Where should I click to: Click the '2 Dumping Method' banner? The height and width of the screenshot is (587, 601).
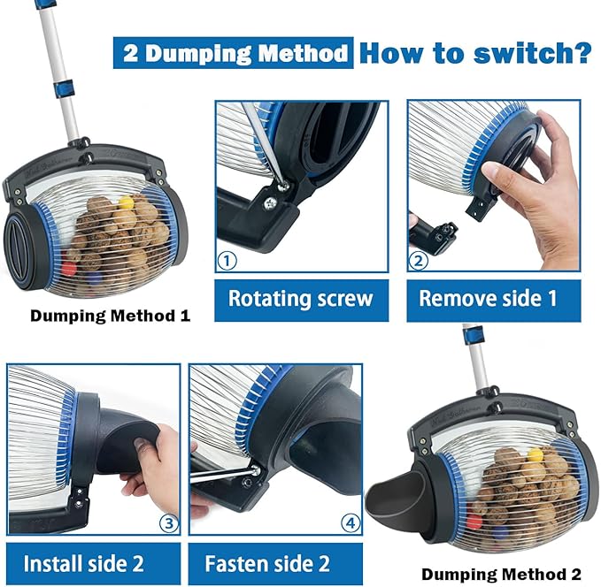[x=233, y=53]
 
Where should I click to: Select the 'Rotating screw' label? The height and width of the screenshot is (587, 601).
[x=301, y=299]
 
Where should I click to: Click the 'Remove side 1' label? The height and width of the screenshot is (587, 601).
[x=488, y=299]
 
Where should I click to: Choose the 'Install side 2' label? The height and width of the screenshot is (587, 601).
[x=84, y=563]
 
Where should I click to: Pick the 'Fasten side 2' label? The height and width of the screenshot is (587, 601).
[x=267, y=563]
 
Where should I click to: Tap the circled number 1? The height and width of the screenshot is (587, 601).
[x=228, y=261]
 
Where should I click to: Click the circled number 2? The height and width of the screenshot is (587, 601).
[x=420, y=261]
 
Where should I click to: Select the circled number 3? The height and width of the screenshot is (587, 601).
[x=167, y=522]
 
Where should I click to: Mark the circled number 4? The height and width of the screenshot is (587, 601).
[x=351, y=522]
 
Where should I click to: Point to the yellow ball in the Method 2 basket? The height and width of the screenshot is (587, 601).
[x=534, y=455]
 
